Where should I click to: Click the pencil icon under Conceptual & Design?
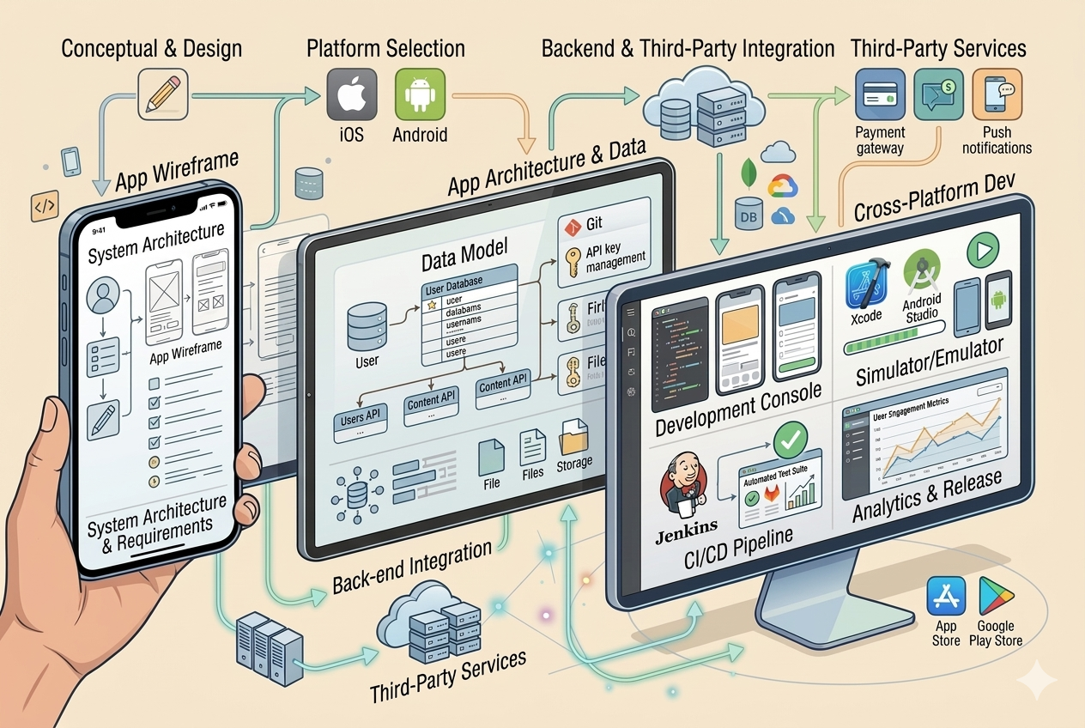(x=162, y=93)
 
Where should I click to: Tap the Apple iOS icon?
(x=351, y=94)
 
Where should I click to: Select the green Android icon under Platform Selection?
(x=420, y=94)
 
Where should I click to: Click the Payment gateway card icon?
(x=880, y=94)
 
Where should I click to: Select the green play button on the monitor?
(x=985, y=252)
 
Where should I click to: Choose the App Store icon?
(x=946, y=596)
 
